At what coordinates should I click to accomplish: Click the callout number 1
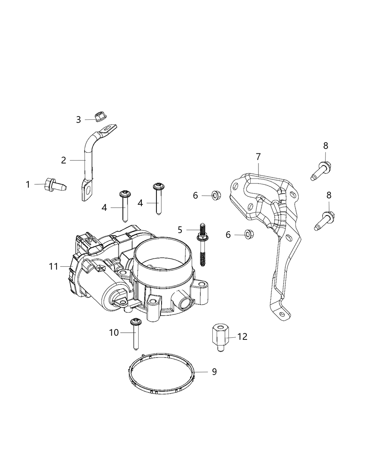click(28, 185)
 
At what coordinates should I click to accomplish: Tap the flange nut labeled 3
click(100, 116)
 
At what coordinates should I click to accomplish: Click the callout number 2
click(63, 160)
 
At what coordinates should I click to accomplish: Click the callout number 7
click(258, 157)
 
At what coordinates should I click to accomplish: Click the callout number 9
click(214, 372)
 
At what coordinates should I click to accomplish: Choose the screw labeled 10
click(136, 333)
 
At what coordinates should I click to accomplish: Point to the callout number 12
click(242, 337)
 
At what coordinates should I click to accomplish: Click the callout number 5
click(180, 230)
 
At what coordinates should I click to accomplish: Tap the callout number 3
click(78, 119)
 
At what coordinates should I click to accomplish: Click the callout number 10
click(114, 333)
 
